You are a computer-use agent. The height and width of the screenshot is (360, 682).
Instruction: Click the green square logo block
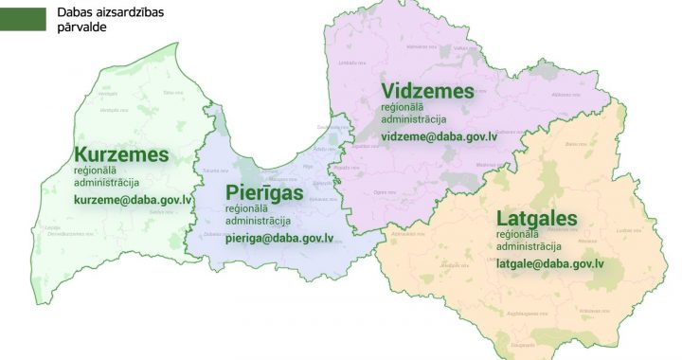23,18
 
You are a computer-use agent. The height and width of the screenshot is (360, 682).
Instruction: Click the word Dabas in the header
75,12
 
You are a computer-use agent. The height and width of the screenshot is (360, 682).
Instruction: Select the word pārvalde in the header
81,27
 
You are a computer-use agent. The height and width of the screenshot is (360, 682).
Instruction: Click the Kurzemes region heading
121,154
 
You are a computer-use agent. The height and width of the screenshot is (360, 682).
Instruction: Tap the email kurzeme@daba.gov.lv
133,201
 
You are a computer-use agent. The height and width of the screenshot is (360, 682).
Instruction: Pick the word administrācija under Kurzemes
107,182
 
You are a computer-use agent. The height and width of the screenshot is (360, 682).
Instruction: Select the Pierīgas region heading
264,193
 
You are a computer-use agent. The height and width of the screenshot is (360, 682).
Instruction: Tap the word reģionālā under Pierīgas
248,208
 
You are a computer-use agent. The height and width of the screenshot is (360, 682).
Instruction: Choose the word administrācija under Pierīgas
259,221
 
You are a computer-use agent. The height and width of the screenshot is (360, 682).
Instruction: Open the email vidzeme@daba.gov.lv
440,137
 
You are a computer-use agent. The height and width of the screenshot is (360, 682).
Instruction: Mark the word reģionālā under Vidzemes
404,107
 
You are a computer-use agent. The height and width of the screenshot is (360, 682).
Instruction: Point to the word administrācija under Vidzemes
414,119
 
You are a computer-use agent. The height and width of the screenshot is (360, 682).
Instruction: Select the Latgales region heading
537,219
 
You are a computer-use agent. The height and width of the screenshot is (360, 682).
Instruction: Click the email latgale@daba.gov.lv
550,263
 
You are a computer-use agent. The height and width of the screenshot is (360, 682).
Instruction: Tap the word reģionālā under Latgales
518,234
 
